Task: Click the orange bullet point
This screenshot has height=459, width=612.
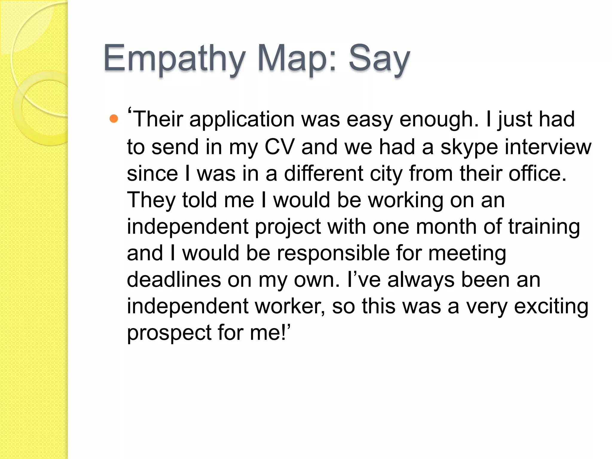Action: (x=114, y=119)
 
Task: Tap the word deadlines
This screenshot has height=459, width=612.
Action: (x=174, y=280)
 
